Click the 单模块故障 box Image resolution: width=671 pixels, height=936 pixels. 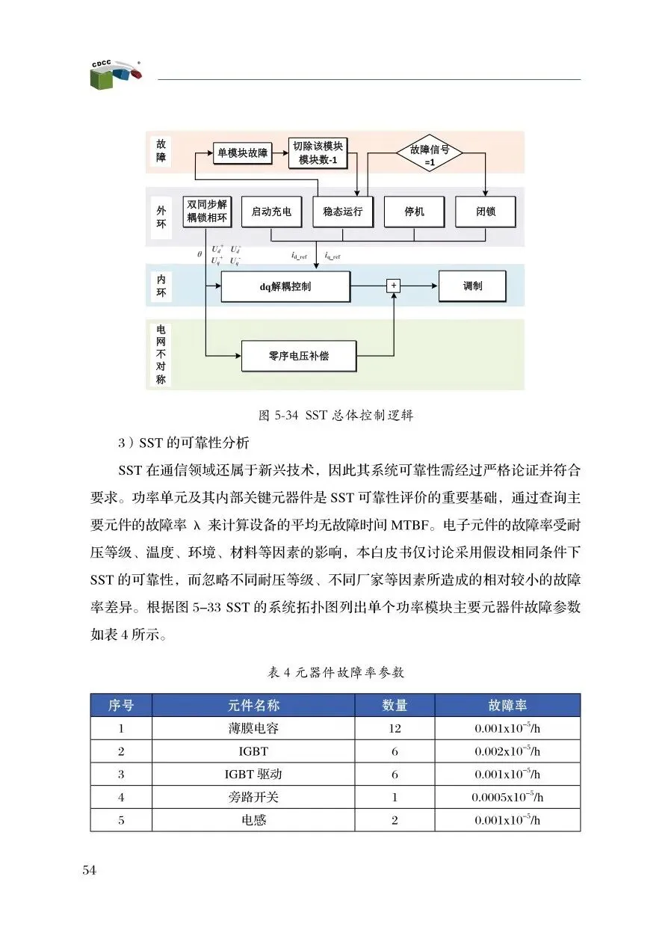241,153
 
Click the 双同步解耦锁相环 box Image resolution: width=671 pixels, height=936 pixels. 207,211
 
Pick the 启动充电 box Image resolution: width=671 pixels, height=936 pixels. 271,212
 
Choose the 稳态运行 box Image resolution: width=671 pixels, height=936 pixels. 342,212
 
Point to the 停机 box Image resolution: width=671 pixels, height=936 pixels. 414,212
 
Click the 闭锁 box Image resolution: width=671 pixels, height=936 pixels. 485,212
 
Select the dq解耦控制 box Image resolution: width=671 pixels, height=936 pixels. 285,286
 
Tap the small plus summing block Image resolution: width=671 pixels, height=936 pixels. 393,286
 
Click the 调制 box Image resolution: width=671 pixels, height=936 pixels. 472,286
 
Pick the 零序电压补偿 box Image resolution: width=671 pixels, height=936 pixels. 298,356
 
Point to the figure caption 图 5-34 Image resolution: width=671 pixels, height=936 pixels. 335,416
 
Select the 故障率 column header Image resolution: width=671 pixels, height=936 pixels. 507,705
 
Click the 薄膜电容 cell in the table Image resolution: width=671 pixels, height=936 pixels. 253,728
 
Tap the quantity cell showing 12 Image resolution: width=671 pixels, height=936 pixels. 395,728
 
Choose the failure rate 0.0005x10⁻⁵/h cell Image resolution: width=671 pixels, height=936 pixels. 507,797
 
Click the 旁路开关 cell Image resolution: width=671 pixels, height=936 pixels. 253,797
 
